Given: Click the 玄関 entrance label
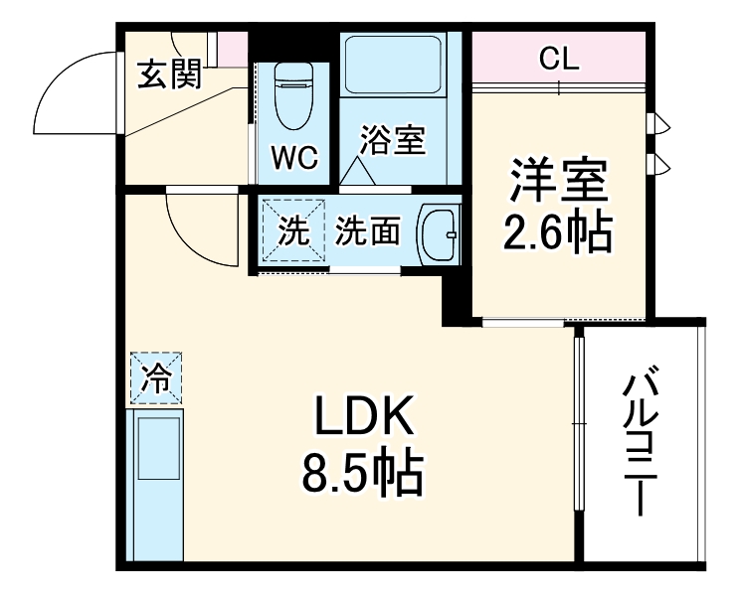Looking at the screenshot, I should pyautogui.click(x=170, y=74).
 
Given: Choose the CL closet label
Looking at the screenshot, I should pyautogui.click(x=559, y=60).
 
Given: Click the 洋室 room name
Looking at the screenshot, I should pyautogui.click(x=558, y=184).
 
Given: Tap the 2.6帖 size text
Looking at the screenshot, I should pyautogui.click(x=558, y=233).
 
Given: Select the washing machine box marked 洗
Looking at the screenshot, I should pyautogui.click(x=293, y=230).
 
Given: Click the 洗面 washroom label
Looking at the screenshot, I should pyautogui.click(x=367, y=231).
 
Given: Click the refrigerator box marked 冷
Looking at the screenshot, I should pyautogui.click(x=155, y=378).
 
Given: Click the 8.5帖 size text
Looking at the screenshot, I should pyautogui.click(x=364, y=474).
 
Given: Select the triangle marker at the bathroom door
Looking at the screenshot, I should pyautogui.click(x=358, y=173).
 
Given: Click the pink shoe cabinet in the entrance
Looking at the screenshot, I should pyautogui.click(x=232, y=48).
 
